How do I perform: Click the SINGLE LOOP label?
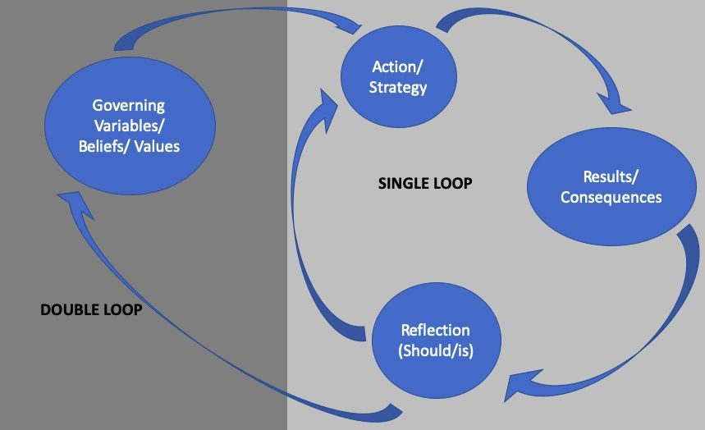(424, 183)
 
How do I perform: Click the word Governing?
(129, 105)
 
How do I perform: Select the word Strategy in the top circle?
(398, 87)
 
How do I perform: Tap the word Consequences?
(611, 198)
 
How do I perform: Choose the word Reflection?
(435, 331)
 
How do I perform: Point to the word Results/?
(611, 176)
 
